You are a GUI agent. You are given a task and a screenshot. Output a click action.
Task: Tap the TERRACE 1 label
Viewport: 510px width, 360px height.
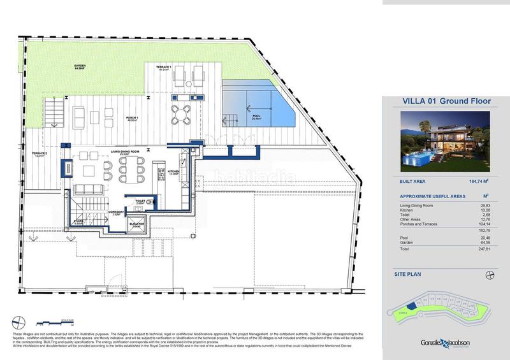coord(164,67)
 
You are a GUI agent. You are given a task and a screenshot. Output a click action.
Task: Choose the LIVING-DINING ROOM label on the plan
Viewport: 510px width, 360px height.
coord(124,152)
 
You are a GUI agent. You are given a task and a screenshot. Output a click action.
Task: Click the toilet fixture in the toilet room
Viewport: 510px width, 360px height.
coord(150,201)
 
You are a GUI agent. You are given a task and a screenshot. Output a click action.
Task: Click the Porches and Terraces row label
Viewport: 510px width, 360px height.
coord(419,224)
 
